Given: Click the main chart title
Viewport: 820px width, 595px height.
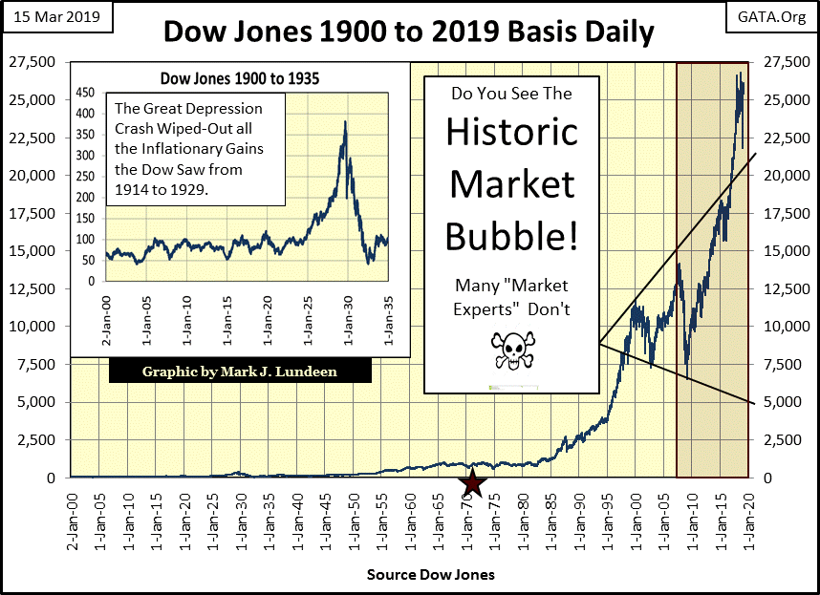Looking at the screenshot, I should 409,32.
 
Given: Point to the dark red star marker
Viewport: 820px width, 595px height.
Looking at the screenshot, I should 475,484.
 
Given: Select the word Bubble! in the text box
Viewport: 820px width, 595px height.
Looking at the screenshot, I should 511,233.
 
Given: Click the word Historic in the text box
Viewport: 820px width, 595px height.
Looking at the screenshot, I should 511,131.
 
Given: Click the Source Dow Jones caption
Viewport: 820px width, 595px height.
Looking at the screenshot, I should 430,575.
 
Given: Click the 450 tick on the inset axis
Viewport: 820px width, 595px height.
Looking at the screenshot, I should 85,94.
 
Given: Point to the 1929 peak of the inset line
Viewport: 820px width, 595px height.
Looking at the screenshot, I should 344,122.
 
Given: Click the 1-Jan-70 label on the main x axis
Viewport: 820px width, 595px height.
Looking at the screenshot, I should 467,522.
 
